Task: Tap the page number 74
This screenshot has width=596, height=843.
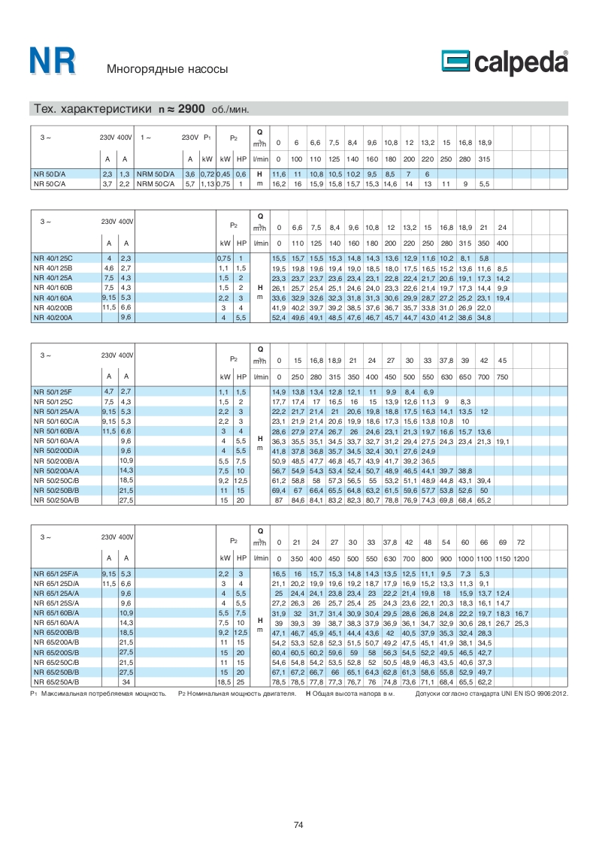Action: pyautogui.click(x=298, y=826)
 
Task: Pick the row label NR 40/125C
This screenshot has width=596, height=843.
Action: pyautogui.click(x=53, y=258)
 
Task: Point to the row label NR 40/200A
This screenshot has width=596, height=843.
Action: pyautogui.click(x=53, y=318)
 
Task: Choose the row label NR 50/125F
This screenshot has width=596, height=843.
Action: pyautogui.click(x=53, y=391)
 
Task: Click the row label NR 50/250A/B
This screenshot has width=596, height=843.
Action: pyautogui.click(x=56, y=500)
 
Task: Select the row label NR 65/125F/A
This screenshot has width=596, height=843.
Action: pyautogui.click(x=56, y=573)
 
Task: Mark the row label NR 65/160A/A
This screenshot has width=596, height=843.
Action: pyautogui.click(x=56, y=623)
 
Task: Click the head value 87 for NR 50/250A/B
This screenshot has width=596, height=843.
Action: pyautogui.click(x=278, y=500)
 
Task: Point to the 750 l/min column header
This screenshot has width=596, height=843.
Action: pyautogui.click(x=502, y=376)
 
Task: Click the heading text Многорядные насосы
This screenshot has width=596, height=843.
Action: pyautogui.click(x=167, y=70)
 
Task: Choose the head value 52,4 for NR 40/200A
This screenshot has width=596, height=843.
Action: pyautogui.click(x=278, y=318)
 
